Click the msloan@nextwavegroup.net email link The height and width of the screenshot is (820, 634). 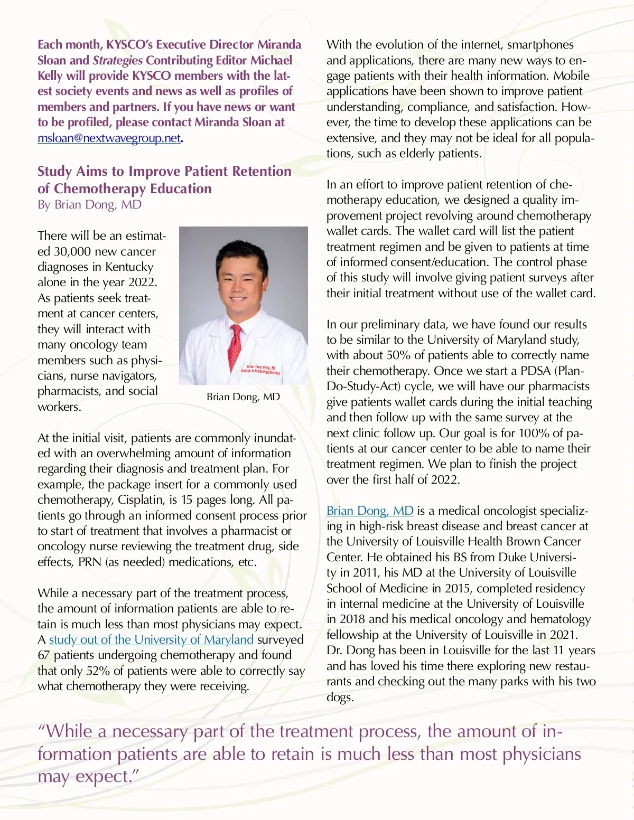pyautogui.click(x=109, y=138)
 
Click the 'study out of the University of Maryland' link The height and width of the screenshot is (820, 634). pyautogui.click(x=151, y=639)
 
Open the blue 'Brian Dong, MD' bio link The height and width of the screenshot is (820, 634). pyautogui.click(x=370, y=511)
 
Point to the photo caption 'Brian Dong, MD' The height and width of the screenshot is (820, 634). pyautogui.click(x=243, y=397)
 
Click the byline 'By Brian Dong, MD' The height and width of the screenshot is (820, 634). pyautogui.click(x=89, y=204)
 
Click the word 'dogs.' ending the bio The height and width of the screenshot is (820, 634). pyautogui.click(x=340, y=697)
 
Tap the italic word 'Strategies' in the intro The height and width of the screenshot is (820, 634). pyautogui.click(x=117, y=60)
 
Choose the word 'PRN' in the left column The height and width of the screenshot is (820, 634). pyautogui.click(x=90, y=562)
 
